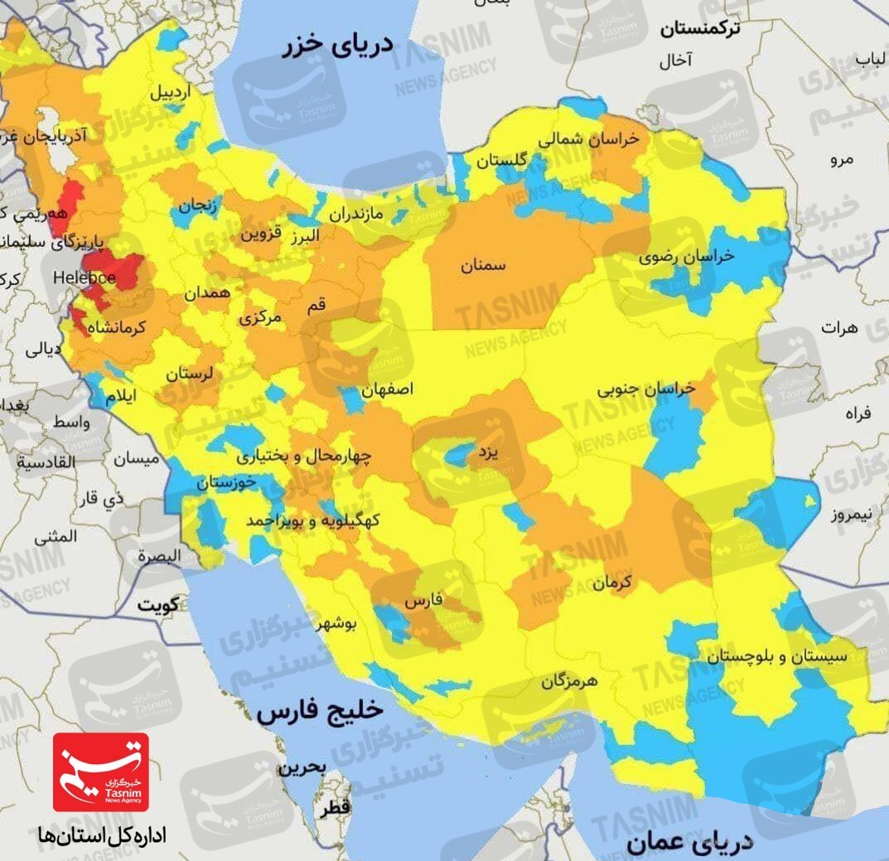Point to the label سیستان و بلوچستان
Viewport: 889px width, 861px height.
coord(776,656)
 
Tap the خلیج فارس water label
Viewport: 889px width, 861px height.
coord(320,712)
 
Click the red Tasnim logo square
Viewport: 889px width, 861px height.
coord(101,772)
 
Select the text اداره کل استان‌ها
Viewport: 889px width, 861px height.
coord(101,835)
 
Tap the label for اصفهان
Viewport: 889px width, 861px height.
coord(387,388)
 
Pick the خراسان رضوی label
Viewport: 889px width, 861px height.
coord(686,256)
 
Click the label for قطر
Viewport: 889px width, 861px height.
coord(339,805)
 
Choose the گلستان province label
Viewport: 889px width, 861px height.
coord(501,162)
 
